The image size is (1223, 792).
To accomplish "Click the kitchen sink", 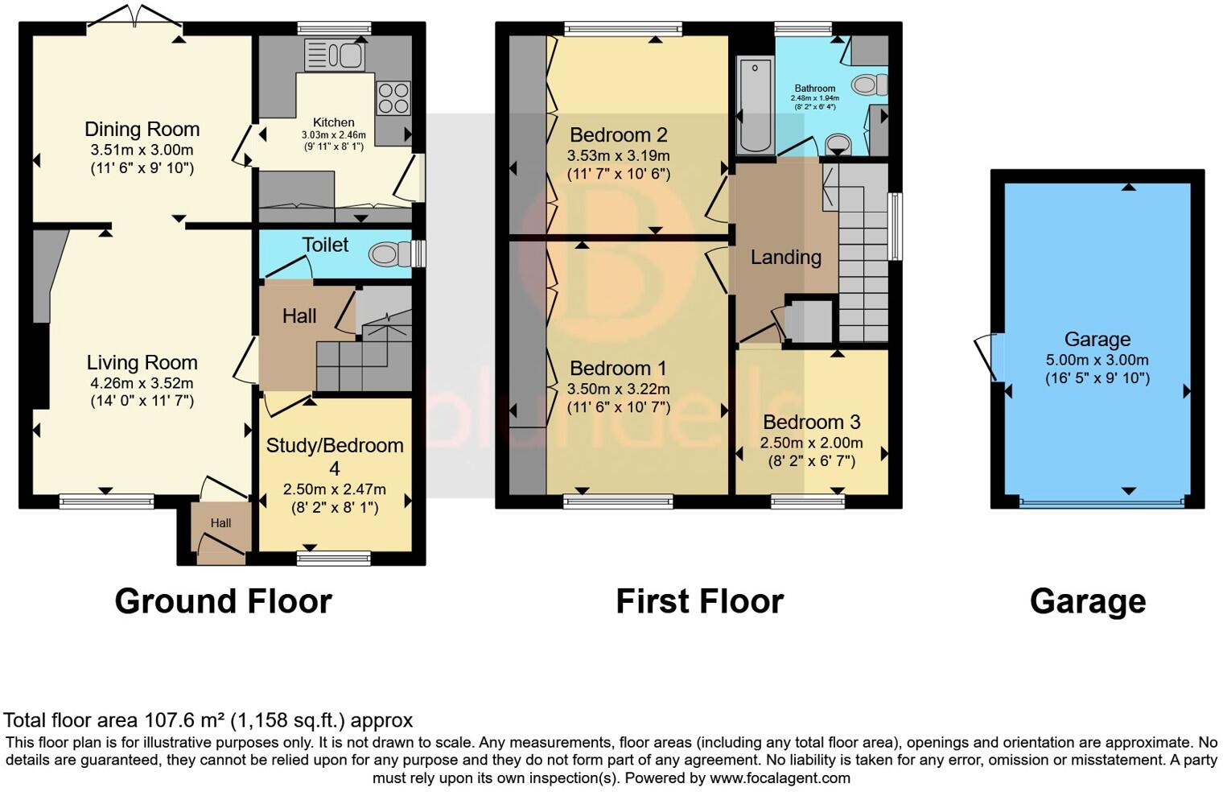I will tap(335, 56).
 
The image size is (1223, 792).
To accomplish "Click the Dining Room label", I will tap(142, 129).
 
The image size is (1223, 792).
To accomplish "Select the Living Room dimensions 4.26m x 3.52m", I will tap(142, 383).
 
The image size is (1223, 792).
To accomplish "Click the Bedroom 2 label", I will tap(618, 134).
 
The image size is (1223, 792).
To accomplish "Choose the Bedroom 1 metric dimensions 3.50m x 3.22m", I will tap(618, 389).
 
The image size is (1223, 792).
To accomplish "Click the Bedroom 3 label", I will tap(811, 422).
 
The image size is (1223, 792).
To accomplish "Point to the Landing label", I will tap(785, 258).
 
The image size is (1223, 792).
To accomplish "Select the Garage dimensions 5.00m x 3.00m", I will tap(1097, 360).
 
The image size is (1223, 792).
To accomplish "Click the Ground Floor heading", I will tap(223, 601).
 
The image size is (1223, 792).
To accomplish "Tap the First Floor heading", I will tap(699, 601).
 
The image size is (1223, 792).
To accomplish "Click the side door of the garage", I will tap(986, 357).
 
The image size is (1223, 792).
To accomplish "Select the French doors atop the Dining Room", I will tap(135, 18).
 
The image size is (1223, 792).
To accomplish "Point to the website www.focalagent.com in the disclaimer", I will tap(779, 778).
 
